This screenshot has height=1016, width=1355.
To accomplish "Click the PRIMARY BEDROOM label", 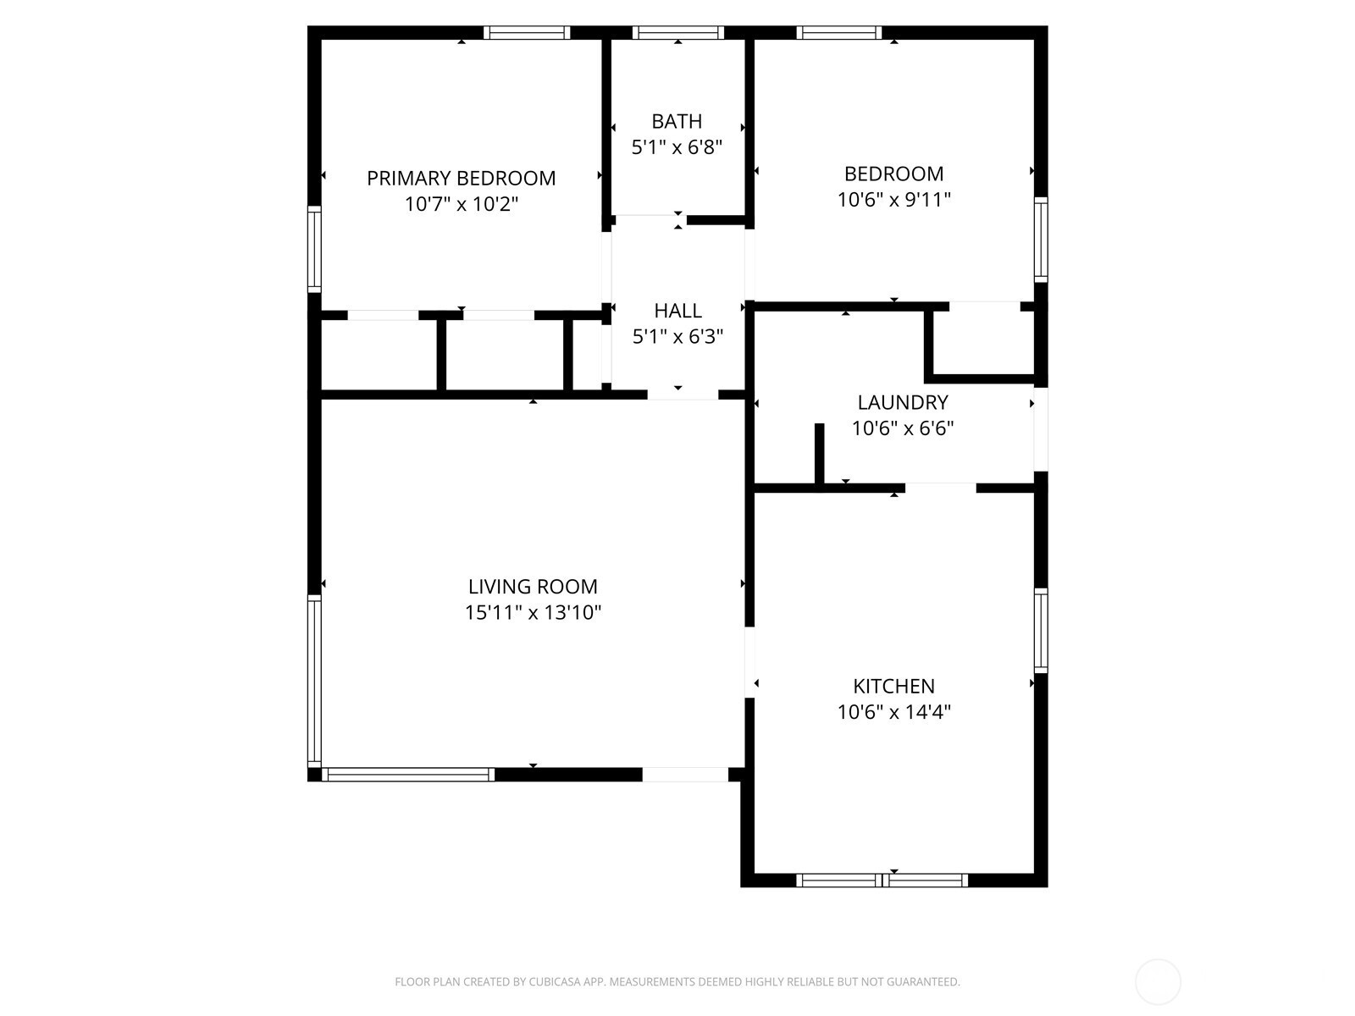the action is [x=462, y=179].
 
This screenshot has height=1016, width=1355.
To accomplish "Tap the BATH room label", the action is [x=677, y=122].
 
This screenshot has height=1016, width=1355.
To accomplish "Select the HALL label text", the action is [x=677, y=310].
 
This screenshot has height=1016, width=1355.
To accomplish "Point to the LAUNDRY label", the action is [x=903, y=402].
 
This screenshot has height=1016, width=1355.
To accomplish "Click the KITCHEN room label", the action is [x=893, y=686].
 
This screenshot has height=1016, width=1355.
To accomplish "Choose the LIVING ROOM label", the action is [x=533, y=586].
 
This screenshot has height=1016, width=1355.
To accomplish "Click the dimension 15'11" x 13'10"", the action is [x=533, y=612].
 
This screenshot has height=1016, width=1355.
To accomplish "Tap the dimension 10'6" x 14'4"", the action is [x=893, y=713].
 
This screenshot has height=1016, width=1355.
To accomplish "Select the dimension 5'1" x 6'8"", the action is [x=677, y=147].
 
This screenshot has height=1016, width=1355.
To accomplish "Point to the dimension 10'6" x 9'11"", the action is [x=893, y=200].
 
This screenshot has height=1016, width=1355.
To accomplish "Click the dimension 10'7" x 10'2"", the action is [x=462, y=204].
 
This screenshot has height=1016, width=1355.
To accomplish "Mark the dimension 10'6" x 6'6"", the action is [x=903, y=428].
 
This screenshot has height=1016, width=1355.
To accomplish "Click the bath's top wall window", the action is [x=677, y=33].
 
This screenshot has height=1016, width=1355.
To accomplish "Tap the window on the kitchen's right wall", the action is [x=1041, y=631].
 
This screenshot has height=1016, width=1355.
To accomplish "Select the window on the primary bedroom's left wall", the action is [x=314, y=249].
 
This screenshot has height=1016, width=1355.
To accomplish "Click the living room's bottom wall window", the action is [x=408, y=775].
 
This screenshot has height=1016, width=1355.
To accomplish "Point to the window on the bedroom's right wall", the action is [x=1041, y=240].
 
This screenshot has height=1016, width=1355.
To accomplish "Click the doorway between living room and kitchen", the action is [x=749, y=662].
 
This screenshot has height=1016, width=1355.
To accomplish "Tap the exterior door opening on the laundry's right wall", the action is [x=1041, y=429].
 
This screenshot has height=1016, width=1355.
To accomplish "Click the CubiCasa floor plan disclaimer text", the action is [x=677, y=981].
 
